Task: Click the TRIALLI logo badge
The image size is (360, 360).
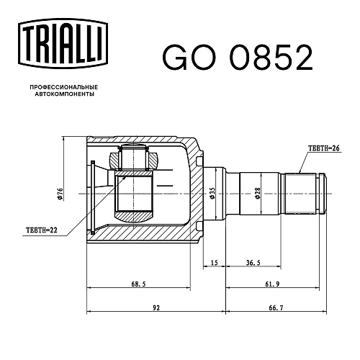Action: (63, 43)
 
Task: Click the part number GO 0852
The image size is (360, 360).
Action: (238, 58)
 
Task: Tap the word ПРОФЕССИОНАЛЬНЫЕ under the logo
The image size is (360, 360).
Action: (64, 87)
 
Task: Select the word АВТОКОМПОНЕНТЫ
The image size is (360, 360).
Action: (65, 94)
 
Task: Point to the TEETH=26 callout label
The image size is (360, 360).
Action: (324, 148)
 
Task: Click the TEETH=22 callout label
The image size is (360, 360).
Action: (42, 230)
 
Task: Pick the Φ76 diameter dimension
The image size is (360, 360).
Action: (60, 194)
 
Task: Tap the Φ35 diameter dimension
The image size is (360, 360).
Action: (212, 193)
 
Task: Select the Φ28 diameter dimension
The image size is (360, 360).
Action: (258, 193)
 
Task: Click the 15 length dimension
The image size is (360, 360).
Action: (215, 263)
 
